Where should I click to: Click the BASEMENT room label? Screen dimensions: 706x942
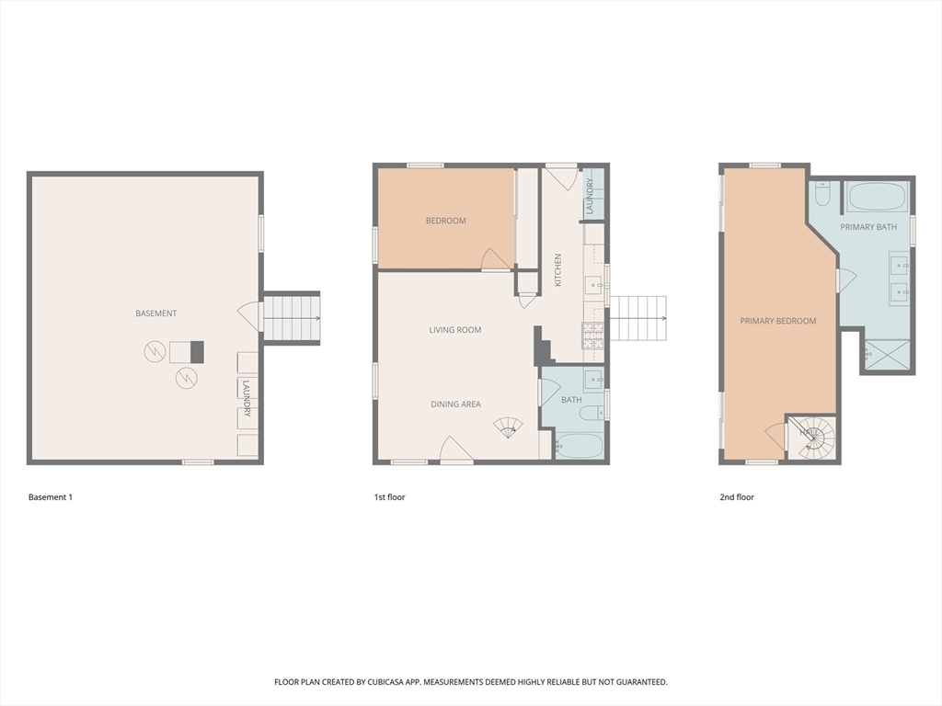(155, 313)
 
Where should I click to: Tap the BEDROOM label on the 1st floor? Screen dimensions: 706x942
(445, 221)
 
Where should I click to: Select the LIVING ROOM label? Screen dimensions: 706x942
(454, 330)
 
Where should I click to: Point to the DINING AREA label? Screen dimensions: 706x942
(455, 404)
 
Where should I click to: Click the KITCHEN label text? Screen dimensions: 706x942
(557, 270)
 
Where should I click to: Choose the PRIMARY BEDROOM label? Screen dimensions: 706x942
(777, 321)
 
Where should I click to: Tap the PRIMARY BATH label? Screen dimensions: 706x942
(867, 227)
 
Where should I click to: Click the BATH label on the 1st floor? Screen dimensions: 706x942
(571, 400)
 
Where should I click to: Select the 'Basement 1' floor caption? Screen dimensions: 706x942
(50, 497)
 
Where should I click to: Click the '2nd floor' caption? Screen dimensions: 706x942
(736, 497)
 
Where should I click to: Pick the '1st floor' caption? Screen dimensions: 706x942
(389, 497)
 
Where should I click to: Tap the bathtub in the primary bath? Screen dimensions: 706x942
(877, 197)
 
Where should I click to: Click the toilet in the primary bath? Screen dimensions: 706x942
(822, 194)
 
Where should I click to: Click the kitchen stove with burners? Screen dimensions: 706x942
(592, 336)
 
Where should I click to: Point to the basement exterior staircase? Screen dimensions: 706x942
(292, 318)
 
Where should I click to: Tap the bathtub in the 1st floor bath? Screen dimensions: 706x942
(580, 447)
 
